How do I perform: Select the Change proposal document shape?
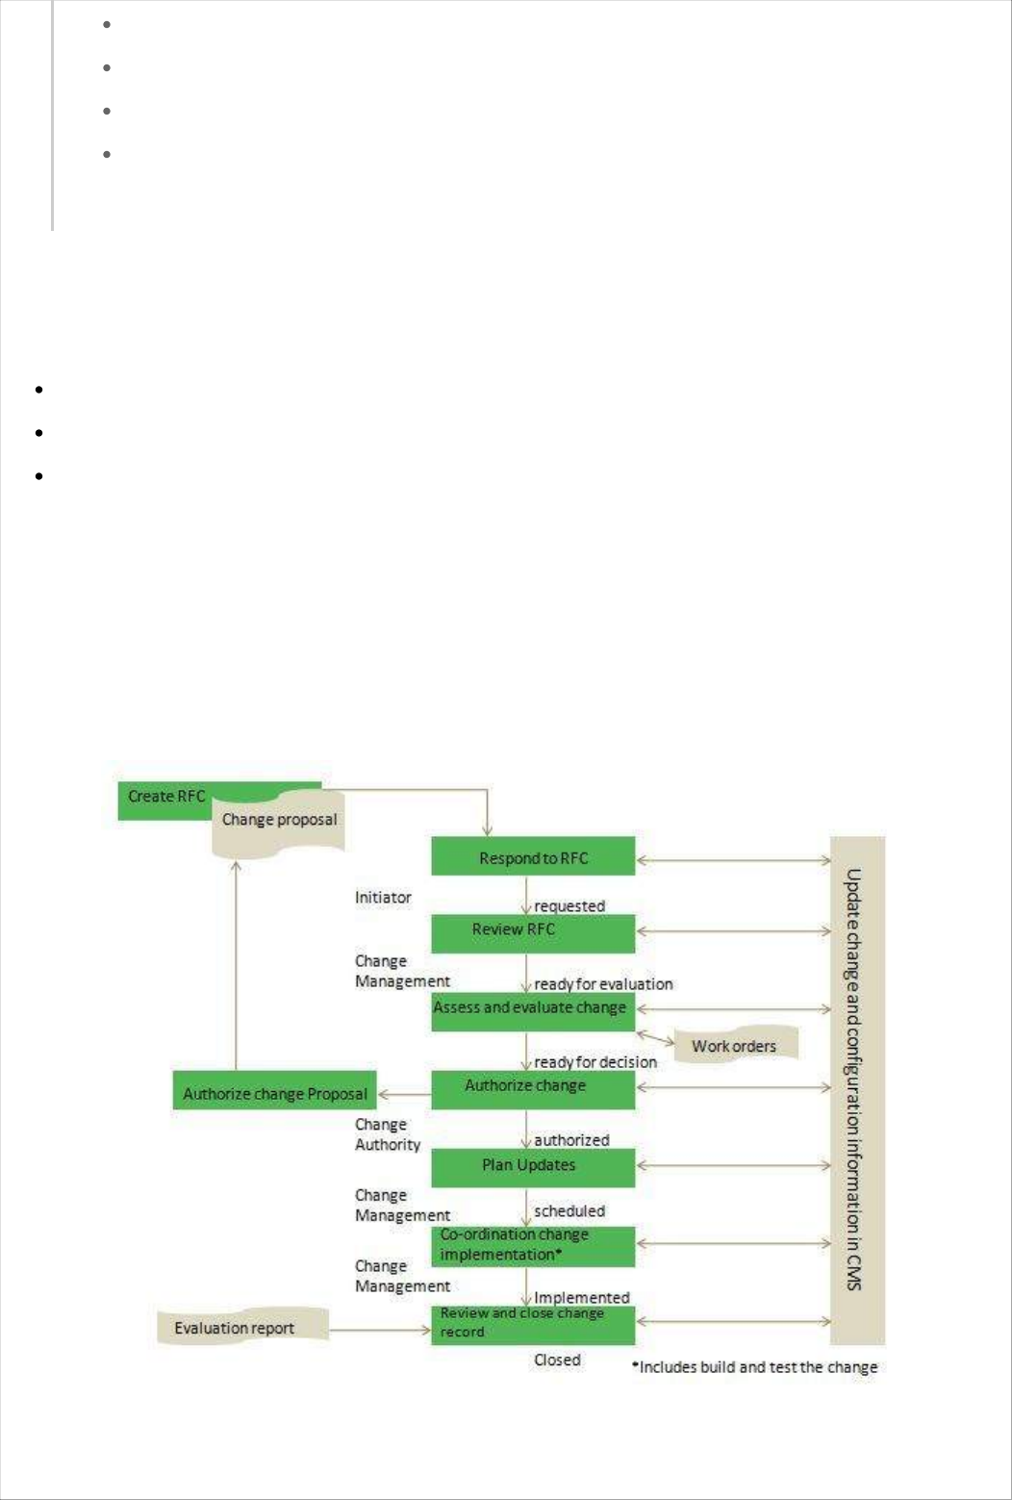tap(279, 821)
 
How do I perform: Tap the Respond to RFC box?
tap(533, 857)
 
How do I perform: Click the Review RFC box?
tap(533, 931)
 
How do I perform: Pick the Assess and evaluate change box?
tap(533, 1010)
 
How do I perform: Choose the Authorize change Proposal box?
tap(275, 1092)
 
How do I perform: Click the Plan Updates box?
tap(533, 1166)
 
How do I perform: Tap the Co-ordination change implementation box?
tap(533, 1245)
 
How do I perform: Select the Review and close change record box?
tap(533, 1324)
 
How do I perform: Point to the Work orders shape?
tap(735, 1046)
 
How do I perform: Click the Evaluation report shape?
tap(236, 1328)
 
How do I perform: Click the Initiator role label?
tap(383, 898)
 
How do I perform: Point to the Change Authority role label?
tap(388, 1134)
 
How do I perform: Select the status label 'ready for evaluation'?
tap(603, 984)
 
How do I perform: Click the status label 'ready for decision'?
tap(595, 1062)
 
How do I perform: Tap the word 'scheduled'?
tap(569, 1211)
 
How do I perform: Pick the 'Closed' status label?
tap(557, 1360)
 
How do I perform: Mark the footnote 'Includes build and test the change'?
tap(755, 1367)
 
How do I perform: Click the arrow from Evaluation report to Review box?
tap(380, 1331)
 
